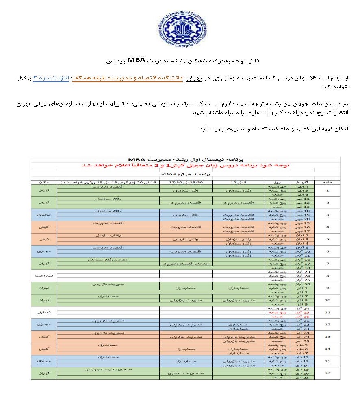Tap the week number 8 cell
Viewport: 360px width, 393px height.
pyautogui.click(x=327, y=275)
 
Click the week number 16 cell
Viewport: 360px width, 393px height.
pyautogui.click(x=327, y=372)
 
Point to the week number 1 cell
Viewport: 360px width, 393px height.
pyautogui.click(x=327, y=190)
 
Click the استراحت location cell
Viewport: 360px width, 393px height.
pyautogui.click(x=45, y=275)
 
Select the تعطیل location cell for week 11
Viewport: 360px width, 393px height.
pyautogui.click(x=45, y=312)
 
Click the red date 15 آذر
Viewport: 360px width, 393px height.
pyautogui.click(x=300, y=312)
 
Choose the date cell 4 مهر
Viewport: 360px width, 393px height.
pyautogui.click(x=301, y=186)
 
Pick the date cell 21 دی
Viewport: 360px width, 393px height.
pyautogui.click(x=301, y=377)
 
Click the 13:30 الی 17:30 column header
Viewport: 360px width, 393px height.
pyautogui.click(x=185, y=182)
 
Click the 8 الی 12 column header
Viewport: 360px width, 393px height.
pyautogui.click(x=239, y=182)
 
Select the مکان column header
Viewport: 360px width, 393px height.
pyautogui.click(x=45, y=182)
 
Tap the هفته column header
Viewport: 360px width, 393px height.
pyautogui.click(x=327, y=182)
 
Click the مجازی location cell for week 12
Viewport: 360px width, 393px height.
pyautogui.click(x=45, y=324)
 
